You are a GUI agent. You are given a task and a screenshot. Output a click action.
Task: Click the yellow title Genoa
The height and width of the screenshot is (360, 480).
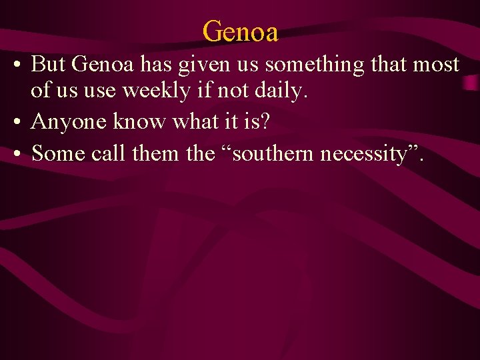tap(240, 30)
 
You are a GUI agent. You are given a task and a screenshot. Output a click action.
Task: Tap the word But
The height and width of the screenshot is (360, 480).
tap(48, 65)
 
